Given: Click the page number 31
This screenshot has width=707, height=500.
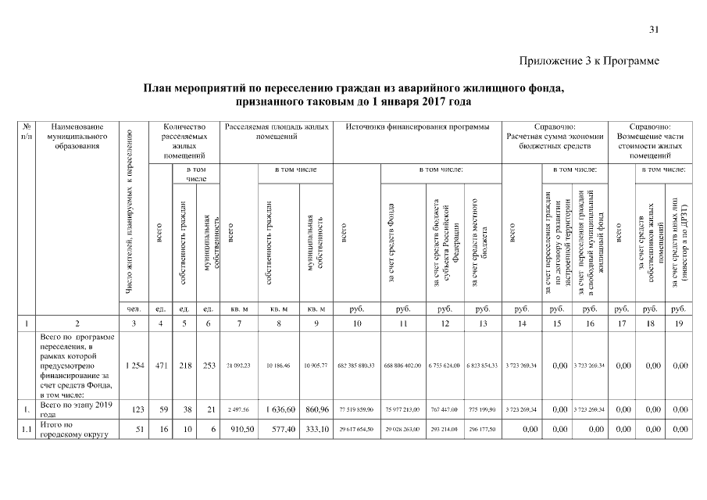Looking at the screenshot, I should [x=654, y=30].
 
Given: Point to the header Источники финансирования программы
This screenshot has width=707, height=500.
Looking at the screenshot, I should [x=418, y=127].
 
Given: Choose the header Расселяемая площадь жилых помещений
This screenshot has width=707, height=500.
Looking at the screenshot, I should [x=277, y=131].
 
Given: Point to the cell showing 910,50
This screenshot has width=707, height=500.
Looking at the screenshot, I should [x=234, y=429].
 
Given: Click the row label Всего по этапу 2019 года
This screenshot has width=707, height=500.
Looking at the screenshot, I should [x=75, y=409].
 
